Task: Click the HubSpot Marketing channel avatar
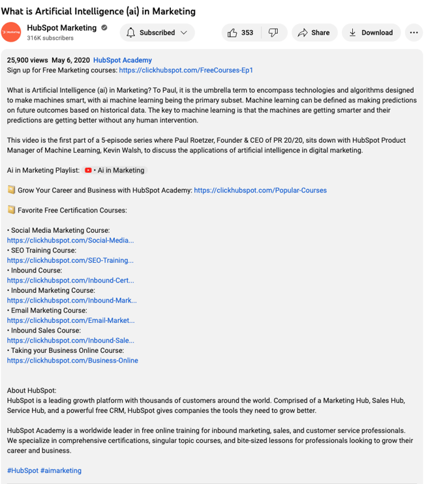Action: [x=12, y=33]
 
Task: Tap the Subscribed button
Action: [x=157, y=33]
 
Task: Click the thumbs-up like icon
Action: [x=233, y=33]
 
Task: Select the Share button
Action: [x=314, y=33]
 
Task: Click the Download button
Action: [x=371, y=33]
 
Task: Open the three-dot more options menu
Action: [x=414, y=33]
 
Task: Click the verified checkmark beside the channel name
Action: [x=103, y=28]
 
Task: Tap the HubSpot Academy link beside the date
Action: [x=123, y=60]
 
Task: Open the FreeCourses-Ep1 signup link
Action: [x=186, y=70]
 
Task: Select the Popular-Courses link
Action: [x=260, y=190]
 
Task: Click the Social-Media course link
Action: [x=70, y=240]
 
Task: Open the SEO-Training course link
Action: [x=70, y=260]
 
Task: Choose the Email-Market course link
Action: [x=71, y=320]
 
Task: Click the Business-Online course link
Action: [x=72, y=360]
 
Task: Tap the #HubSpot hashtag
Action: [x=23, y=470]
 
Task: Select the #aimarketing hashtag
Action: [x=61, y=470]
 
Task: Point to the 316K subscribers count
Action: [x=50, y=38]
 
